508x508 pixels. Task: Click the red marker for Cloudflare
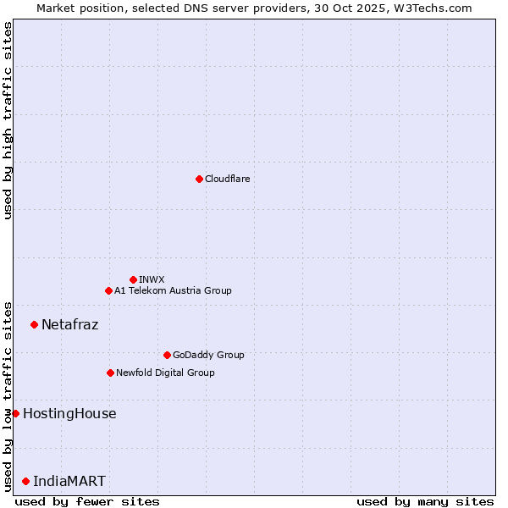[199, 179]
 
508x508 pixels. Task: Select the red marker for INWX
[133, 279]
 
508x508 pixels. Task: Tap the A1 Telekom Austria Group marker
[108, 290]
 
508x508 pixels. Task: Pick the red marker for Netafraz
[34, 324]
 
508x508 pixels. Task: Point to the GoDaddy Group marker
[167, 355]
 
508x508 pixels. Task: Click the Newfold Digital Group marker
[110, 373]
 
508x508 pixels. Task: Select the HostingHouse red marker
[15, 413]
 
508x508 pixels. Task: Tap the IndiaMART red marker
[25, 481]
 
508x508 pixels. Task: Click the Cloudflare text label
[228, 179]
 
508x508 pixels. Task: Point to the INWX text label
[152, 279]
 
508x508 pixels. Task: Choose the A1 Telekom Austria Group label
[173, 290]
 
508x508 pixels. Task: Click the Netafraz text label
[70, 324]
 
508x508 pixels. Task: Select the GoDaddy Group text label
[208, 355]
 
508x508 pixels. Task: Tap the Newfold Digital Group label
[165, 373]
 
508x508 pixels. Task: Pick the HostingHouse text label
[69, 413]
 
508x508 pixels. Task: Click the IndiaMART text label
[69, 481]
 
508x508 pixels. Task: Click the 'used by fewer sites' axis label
[87, 501]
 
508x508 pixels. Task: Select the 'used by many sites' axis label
[425, 501]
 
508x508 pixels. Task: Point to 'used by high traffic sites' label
[8, 120]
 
